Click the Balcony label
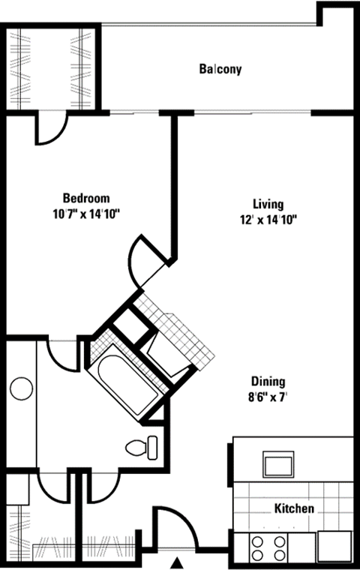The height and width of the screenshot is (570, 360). coord(220,70)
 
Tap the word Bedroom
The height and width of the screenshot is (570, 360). coord(85,199)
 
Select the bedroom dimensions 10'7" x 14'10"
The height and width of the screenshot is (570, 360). coord(85,214)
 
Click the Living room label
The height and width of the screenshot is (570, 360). coord(268,204)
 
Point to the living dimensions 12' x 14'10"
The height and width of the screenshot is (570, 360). coord(268,219)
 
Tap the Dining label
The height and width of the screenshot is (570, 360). coord(268,381)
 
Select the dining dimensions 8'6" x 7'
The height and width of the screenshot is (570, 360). coord(268,396)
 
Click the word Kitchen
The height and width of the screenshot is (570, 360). coord(294,508)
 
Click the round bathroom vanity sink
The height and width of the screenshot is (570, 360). coord(21,389)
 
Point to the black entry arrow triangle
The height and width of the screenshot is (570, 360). coord(178,562)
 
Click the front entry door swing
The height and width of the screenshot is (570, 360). coord(175,527)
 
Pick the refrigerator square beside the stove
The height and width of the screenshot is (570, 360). coord(333,546)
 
